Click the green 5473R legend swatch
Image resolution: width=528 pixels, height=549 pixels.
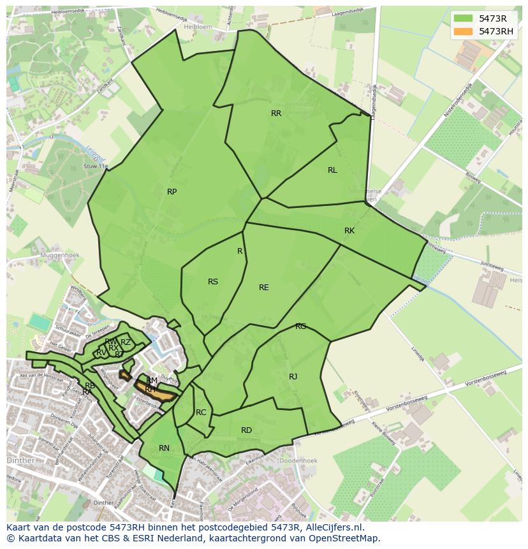point(464,18)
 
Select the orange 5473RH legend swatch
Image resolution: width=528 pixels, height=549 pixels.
point(464,31)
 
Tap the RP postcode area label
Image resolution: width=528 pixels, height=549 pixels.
point(172,192)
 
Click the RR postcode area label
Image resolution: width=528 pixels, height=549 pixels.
point(276,113)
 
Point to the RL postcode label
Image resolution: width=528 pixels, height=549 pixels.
point(332,170)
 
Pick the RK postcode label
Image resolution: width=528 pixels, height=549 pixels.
point(349,231)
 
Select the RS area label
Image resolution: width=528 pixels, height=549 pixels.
point(213,282)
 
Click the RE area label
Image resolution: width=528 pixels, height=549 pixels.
point(263,288)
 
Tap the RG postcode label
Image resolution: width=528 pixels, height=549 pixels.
point(300,326)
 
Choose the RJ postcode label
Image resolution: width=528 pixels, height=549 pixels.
point(293,377)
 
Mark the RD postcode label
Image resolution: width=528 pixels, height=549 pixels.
point(246,430)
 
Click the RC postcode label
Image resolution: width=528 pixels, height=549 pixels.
point(201,413)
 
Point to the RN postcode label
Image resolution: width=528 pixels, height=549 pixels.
point(164,448)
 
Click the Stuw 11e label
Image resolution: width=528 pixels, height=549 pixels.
point(96,166)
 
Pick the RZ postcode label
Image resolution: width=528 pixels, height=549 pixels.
point(126,342)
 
